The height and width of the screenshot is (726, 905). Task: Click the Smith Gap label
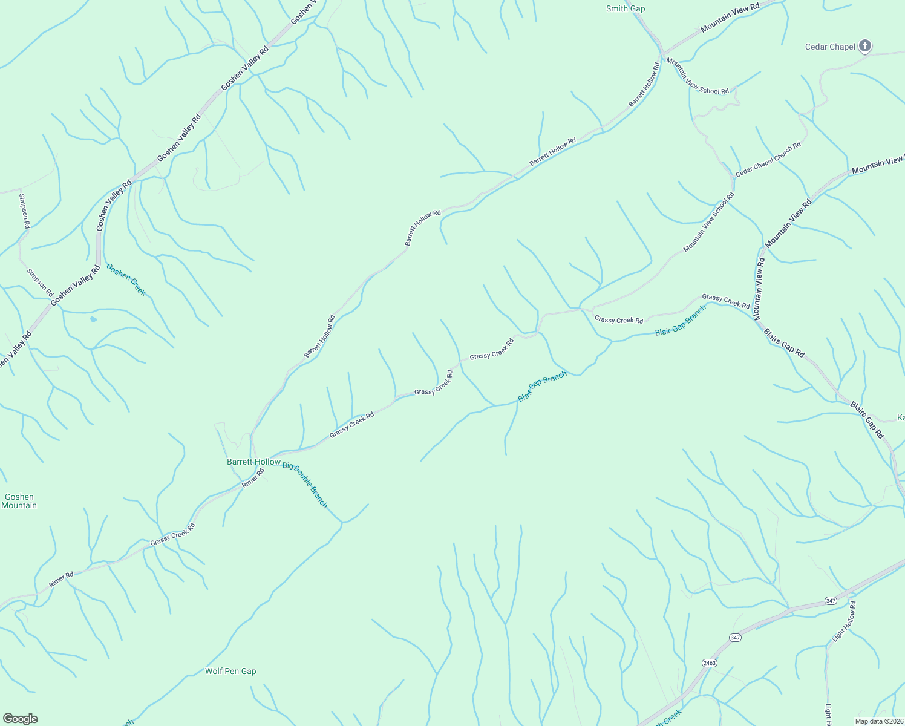click(626, 9)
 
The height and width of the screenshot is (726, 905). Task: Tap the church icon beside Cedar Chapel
click(865, 45)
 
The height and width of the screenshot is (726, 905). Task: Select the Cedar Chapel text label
click(830, 47)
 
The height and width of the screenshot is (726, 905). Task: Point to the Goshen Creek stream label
click(126, 280)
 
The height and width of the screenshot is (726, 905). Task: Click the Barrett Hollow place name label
click(253, 462)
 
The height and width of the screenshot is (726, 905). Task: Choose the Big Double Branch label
click(305, 485)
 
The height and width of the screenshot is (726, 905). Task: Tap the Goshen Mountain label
click(19, 501)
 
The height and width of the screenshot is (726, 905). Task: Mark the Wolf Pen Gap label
click(230, 671)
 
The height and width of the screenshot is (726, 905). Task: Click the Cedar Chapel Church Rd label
click(768, 159)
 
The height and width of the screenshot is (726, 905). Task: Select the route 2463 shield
click(710, 663)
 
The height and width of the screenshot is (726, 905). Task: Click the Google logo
click(20, 719)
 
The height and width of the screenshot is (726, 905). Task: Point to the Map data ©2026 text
click(879, 721)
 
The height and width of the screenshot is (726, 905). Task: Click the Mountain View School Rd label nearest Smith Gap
click(698, 76)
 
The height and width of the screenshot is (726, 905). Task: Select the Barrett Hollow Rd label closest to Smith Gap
click(644, 85)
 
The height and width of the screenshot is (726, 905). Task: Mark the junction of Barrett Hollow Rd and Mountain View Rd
click(662, 53)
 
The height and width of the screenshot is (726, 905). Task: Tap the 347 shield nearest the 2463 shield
click(735, 637)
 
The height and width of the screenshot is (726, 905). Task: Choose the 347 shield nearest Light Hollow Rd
click(830, 601)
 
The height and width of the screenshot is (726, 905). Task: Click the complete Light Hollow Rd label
click(845, 621)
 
